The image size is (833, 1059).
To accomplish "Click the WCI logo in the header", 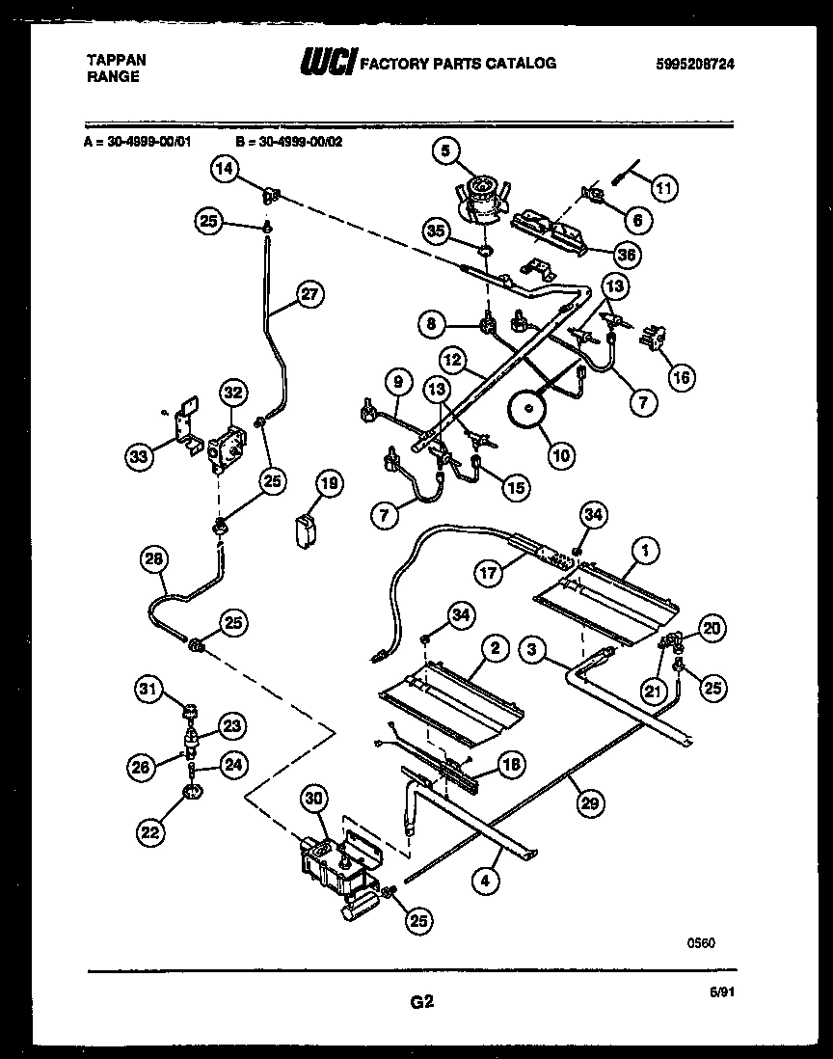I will point(329,64).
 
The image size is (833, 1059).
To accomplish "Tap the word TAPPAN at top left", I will point(117,60).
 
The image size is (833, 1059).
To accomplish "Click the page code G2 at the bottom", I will point(421,1002).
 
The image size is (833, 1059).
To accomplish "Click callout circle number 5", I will point(446,150).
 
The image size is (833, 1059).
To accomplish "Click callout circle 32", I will point(234,393).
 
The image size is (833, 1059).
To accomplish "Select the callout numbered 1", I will point(643,551).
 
